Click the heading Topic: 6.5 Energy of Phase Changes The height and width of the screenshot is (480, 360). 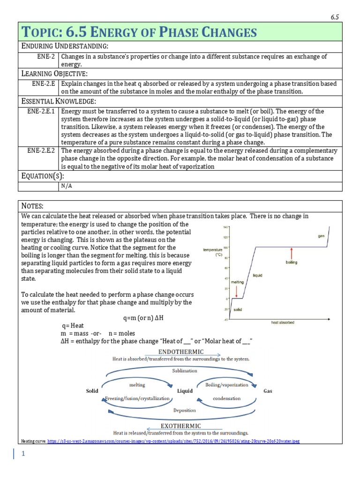[139, 32]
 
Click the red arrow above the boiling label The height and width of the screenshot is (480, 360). [292, 254]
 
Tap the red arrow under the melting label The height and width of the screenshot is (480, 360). [237, 292]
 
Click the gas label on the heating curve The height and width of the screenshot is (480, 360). [321, 236]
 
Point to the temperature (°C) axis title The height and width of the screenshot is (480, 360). [212, 252]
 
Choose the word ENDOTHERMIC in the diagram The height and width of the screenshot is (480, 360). [181, 352]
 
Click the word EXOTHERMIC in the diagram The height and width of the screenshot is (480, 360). [181, 426]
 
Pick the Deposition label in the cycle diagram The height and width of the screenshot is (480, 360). [185, 410]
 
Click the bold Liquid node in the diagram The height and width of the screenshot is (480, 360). [185, 390]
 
